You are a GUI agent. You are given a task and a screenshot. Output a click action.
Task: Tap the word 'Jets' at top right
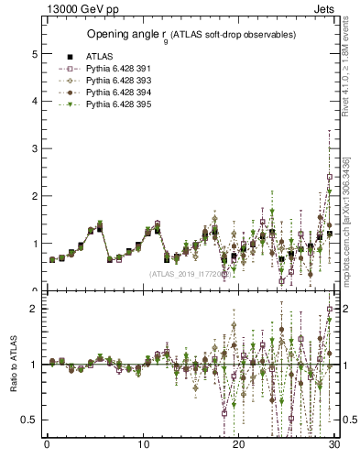tap(326, 8)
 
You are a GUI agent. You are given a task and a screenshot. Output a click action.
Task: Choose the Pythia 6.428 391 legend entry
tap(117, 68)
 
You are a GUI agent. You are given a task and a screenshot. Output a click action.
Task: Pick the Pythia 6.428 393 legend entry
tap(117, 81)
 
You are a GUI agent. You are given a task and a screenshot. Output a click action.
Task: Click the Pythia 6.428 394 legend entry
tap(117, 93)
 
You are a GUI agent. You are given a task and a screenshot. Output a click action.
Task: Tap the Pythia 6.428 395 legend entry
tap(117, 105)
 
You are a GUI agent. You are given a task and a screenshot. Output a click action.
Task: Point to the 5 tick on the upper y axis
tap(34, 54)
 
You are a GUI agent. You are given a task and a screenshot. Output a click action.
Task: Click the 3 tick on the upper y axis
tap(34, 148)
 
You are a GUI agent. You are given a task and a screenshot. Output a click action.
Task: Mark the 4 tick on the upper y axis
tap(34, 101)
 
